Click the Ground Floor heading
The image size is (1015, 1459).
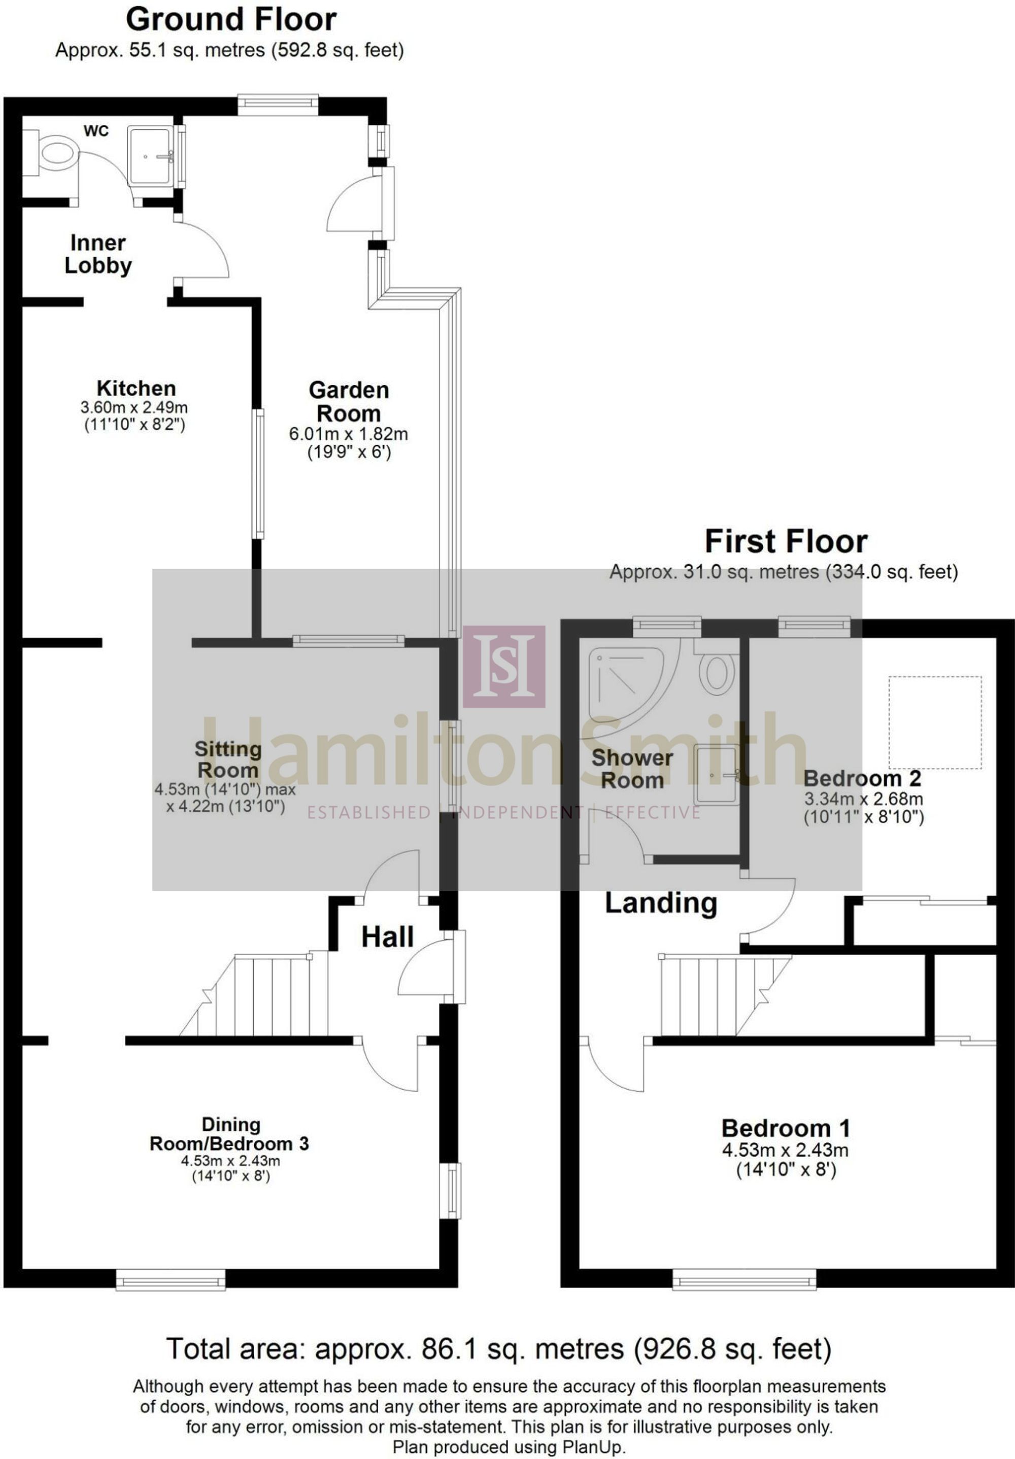[231, 20]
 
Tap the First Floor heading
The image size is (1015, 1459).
[786, 542]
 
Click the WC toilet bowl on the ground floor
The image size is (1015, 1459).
[56, 153]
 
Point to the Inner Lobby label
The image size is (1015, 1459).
[98, 254]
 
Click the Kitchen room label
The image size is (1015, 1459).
[136, 388]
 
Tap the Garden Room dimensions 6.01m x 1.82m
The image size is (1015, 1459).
[348, 435]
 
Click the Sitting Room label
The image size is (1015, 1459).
[227, 759]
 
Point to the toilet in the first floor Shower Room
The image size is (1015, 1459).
[716, 667]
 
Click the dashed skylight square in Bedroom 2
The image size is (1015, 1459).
[934, 722]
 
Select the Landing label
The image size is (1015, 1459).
[661, 904]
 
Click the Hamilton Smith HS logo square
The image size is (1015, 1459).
[504, 667]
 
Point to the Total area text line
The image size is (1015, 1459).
[499, 1348]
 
